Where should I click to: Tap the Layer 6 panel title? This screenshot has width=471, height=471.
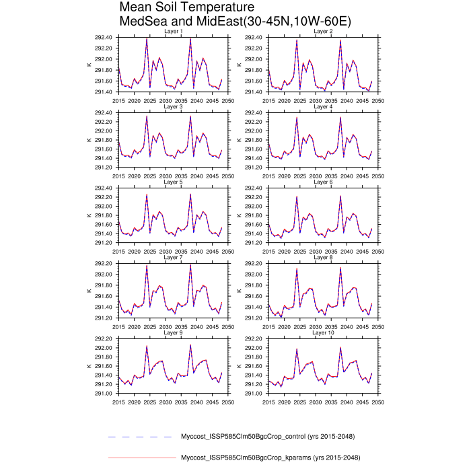click(x=324, y=182)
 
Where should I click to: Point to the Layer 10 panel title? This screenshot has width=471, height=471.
click(x=324, y=332)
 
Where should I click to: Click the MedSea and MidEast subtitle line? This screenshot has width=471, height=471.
click(x=235, y=22)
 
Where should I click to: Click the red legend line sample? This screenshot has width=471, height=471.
click(x=140, y=458)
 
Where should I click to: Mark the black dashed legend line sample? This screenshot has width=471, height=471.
click(x=140, y=437)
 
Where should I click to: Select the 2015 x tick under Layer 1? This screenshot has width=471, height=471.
click(x=119, y=100)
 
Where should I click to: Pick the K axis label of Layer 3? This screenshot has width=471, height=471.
click(x=89, y=140)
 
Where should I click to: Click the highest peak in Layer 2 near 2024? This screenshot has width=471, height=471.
click(x=297, y=40)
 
